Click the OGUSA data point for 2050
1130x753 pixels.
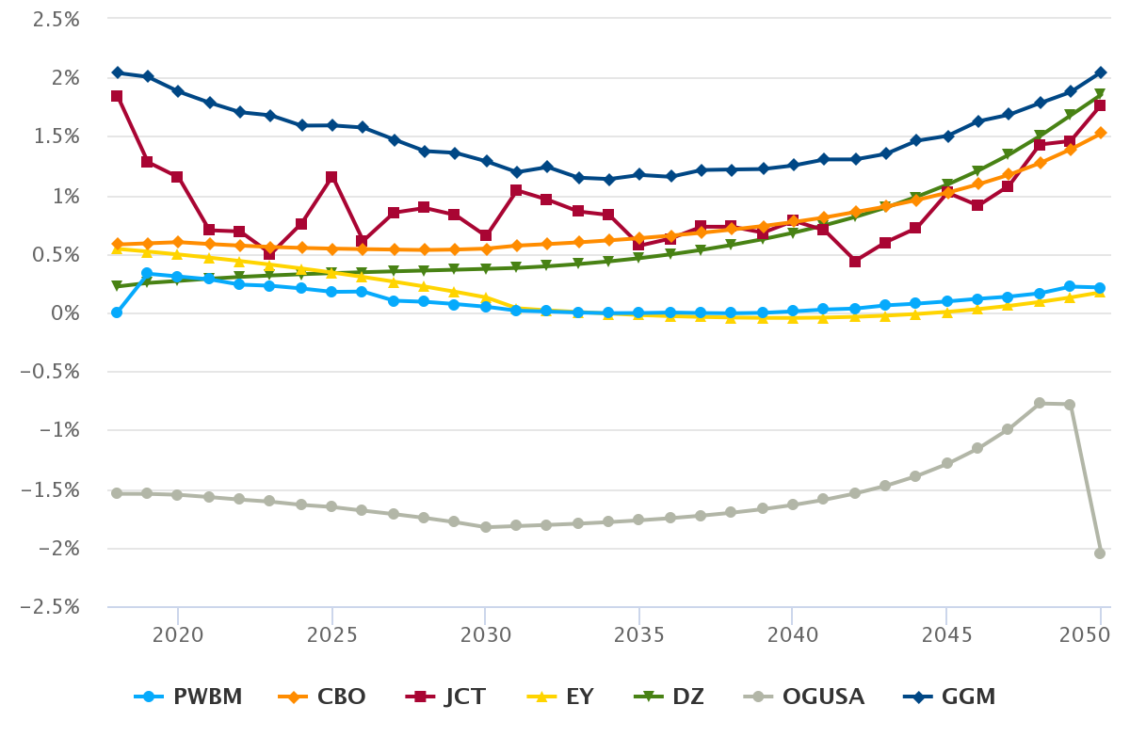1100,553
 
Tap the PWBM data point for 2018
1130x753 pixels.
117,312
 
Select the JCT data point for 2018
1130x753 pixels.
117,96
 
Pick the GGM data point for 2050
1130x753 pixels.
1100,72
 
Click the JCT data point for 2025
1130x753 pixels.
331,177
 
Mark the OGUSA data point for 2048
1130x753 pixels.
1040,403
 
